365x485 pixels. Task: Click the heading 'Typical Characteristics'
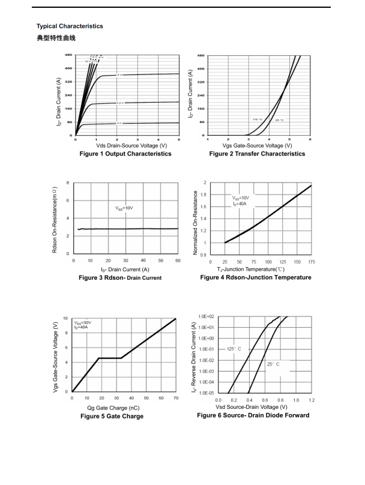[70, 26]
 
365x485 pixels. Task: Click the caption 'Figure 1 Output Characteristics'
[125, 154]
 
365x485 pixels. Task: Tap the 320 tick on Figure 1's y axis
[68, 82]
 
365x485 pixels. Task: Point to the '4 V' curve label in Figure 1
[119, 123]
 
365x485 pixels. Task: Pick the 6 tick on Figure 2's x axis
[310, 139]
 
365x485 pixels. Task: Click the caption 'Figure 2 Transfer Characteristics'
[257, 154]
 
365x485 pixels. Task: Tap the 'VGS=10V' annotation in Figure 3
[124, 208]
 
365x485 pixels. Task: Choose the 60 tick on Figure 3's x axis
[178, 261]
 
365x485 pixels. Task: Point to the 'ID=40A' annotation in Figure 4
[240, 203]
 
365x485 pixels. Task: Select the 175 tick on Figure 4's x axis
[312, 262]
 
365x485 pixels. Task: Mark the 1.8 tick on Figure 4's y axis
[205, 194]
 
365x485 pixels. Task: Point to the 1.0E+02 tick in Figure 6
[207, 316]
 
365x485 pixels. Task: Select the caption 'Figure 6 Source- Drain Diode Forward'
[253, 415]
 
